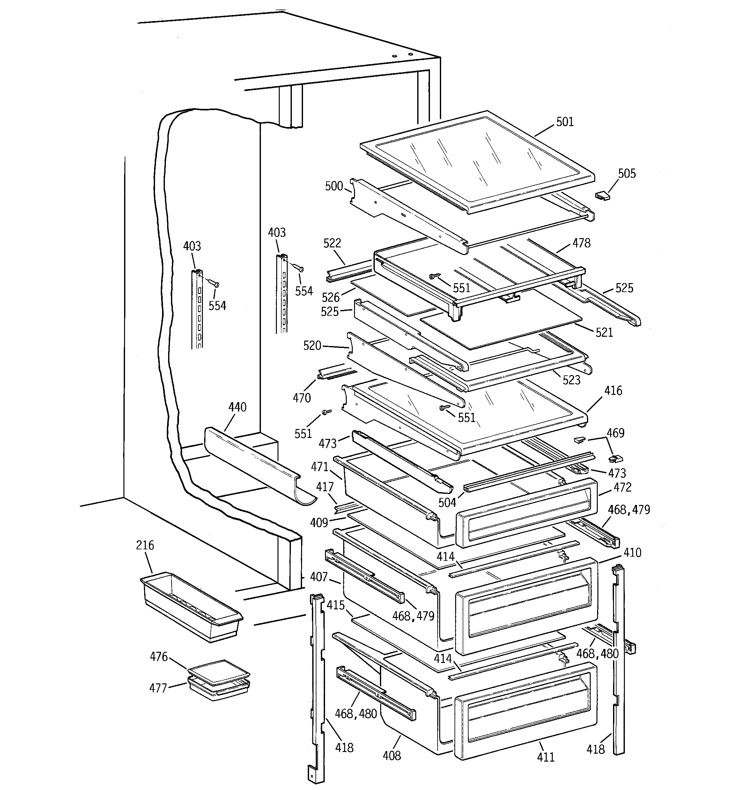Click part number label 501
(565, 122)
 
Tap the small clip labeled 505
(602, 196)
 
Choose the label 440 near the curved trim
(237, 407)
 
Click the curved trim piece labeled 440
(254, 465)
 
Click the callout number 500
(334, 186)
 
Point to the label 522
(332, 243)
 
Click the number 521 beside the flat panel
(604, 332)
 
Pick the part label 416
(613, 391)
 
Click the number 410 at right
(632, 553)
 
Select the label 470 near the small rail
(301, 398)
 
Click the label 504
(447, 503)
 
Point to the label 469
(615, 433)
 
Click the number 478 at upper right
(581, 243)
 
